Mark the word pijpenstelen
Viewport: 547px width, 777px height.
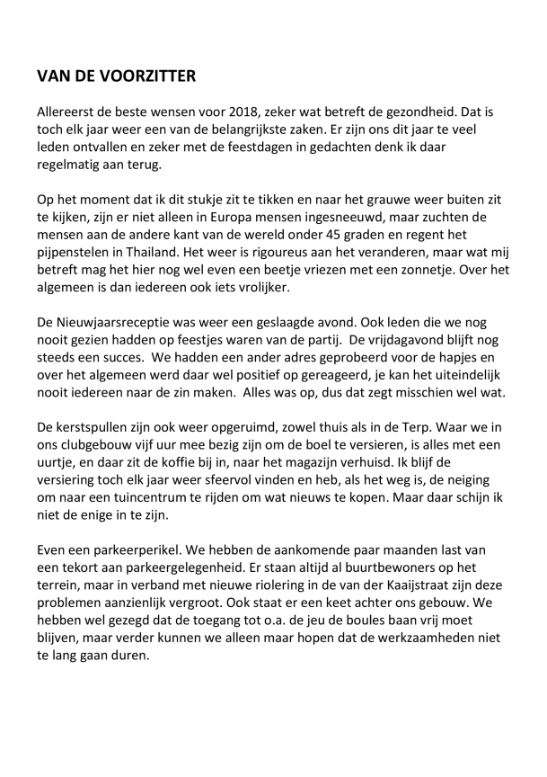click(75, 247)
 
